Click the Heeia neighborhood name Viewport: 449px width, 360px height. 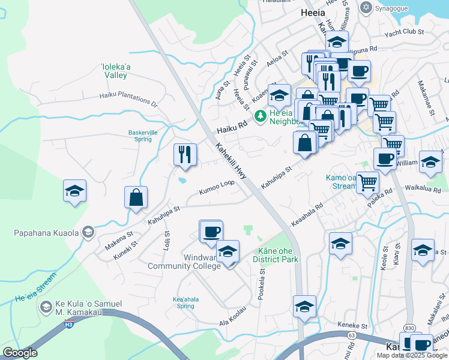coord(312,12)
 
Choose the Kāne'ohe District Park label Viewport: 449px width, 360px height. coord(276,255)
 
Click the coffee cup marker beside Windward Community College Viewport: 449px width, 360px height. coord(211,231)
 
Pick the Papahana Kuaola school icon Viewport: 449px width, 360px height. coord(88,232)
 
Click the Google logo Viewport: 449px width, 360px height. coord(20,353)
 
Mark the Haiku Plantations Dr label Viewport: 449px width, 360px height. coord(128,99)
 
